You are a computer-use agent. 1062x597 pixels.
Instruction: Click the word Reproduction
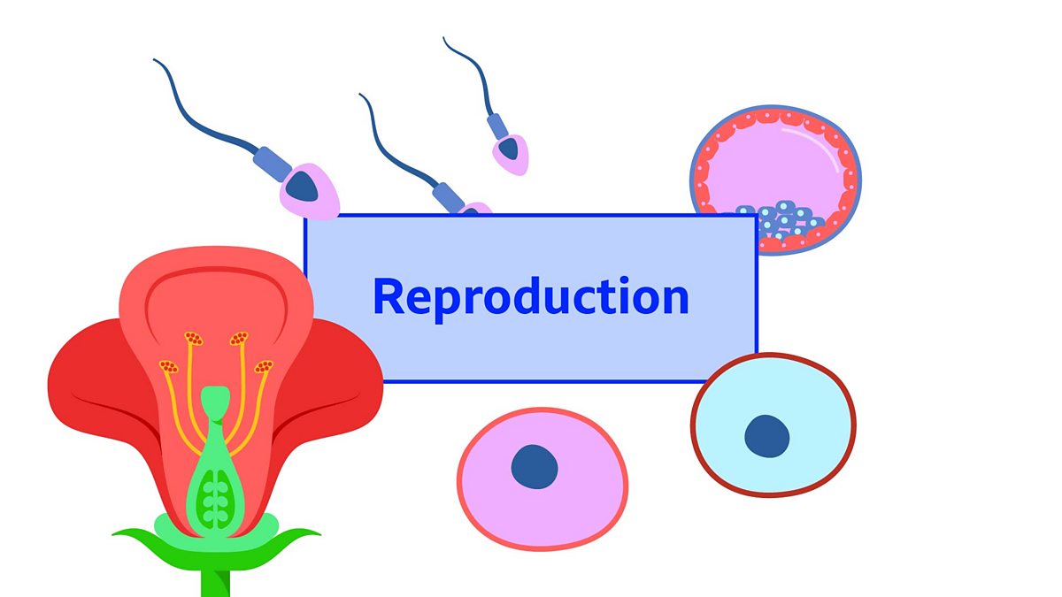(531, 297)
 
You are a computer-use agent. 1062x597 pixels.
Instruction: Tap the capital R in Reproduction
(389, 296)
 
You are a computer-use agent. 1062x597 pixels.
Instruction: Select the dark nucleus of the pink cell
(535, 466)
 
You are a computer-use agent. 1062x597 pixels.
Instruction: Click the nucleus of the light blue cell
(766, 436)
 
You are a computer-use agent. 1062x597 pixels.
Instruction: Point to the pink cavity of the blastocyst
(779, 168)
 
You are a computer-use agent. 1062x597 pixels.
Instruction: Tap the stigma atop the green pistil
(212, 400)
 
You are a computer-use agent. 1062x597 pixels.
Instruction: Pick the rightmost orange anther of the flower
(263, 366)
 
